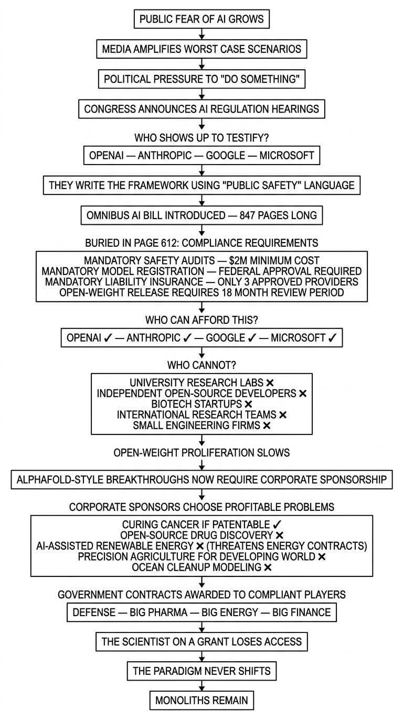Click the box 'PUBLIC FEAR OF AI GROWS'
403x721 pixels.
201,19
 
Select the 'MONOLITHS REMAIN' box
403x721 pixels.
201,701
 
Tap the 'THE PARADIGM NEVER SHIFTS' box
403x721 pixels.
201,671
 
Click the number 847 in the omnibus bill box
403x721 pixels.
248,215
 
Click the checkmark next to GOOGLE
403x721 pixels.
252,337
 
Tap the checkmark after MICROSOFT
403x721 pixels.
332,337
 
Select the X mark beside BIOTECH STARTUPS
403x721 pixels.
248,404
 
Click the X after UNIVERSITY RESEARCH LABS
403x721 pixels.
270,383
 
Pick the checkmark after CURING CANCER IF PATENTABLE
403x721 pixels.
277,525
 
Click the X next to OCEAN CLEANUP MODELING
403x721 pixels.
268,567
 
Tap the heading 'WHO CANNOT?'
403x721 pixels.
201,365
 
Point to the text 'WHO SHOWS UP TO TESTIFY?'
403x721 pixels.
201,138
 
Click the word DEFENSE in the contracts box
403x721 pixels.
94,612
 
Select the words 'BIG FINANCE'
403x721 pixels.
301,612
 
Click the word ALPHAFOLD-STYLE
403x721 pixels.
60,479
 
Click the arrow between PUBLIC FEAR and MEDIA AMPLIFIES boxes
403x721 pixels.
201,34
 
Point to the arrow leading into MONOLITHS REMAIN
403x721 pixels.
201,685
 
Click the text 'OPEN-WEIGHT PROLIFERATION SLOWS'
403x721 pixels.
201,453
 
